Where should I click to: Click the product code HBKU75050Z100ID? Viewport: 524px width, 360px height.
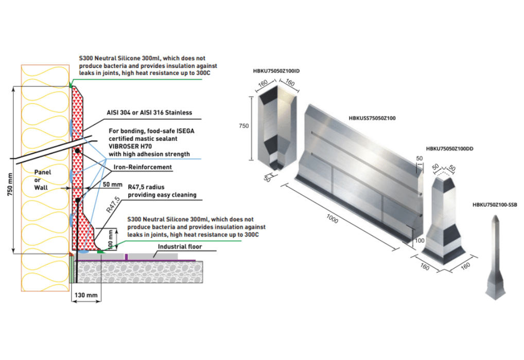pos(276,70)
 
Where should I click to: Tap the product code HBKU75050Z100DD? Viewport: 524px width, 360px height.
pos(450,149)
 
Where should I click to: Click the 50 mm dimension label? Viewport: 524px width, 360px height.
pos(113,184)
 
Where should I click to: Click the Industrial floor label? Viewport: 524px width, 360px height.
pos(180,247)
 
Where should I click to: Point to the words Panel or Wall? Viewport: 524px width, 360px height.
pos(43,179)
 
